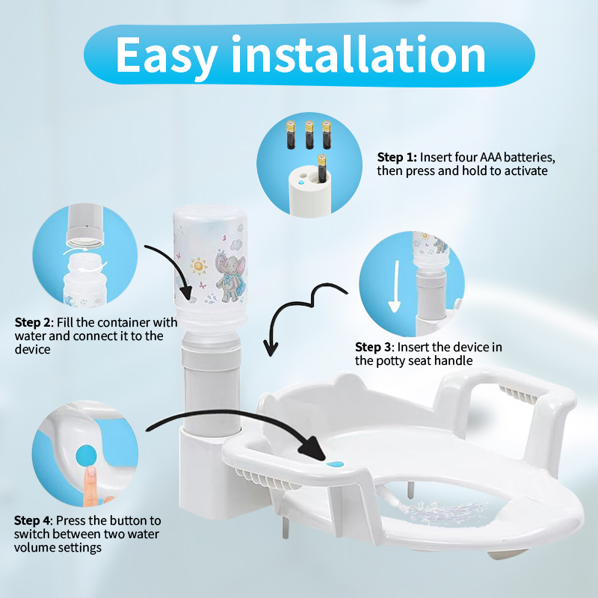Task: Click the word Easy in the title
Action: pos(167,55)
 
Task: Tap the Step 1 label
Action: pos(397,157)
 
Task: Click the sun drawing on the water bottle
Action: pos(198,265)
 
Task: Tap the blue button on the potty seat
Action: pos(335,464)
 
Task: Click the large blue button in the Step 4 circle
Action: pos(87,456)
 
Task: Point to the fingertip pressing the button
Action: pos(90,474)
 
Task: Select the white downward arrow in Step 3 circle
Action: pos(395,286)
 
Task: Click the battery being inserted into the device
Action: pos(322,168)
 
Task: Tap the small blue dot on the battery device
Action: pos(301,182)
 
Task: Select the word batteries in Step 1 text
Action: pos(531,157)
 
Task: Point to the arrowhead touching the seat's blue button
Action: pos(313,447)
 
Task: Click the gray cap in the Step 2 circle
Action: pos(84,226)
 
